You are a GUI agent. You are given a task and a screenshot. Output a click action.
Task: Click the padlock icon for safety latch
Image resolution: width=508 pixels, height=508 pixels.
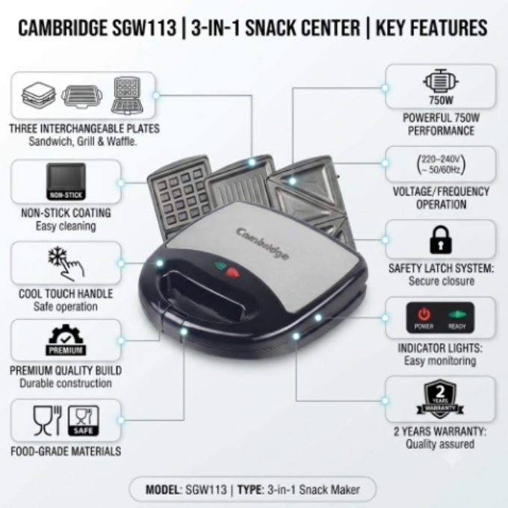coord(440,240)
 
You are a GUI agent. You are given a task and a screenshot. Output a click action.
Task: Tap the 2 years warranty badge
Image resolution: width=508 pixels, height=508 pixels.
coord(440,399)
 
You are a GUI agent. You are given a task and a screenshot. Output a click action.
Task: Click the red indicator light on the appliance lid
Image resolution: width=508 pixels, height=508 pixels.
coord(232,273)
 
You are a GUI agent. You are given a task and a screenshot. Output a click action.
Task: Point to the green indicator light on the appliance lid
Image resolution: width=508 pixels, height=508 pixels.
coord(220,266)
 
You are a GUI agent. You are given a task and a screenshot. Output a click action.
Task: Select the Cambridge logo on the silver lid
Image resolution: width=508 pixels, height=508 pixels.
coord(262,244)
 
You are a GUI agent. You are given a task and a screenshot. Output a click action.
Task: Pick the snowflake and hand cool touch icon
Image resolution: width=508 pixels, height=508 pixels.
coord(66,264)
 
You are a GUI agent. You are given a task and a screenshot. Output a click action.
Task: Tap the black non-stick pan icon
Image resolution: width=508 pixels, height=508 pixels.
coord(66,181)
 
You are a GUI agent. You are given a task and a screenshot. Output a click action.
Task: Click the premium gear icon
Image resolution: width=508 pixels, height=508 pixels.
coord(66,340)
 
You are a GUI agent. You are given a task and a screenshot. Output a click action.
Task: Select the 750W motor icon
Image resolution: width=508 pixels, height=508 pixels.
coord(441,81)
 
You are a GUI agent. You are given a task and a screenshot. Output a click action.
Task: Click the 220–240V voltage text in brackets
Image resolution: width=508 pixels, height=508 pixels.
coord(441,164)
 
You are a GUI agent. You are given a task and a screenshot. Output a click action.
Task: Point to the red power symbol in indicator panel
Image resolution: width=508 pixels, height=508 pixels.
coord(424,315)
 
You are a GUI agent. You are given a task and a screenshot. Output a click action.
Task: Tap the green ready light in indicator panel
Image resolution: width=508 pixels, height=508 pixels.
coord(457,315)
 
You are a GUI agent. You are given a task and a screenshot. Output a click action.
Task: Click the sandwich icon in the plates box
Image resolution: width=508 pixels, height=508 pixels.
coord(39,95)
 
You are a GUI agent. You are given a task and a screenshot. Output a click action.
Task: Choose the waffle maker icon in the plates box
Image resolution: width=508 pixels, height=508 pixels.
coord(127,96)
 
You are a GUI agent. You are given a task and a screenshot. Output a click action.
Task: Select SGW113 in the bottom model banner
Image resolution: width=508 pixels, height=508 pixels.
coord(206,489)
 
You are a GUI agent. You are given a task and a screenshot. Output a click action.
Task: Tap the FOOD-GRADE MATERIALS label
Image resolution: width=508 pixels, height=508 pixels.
coord(66,451)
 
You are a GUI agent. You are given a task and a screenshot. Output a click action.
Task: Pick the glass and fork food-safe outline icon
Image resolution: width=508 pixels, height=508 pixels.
coord(47,421)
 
